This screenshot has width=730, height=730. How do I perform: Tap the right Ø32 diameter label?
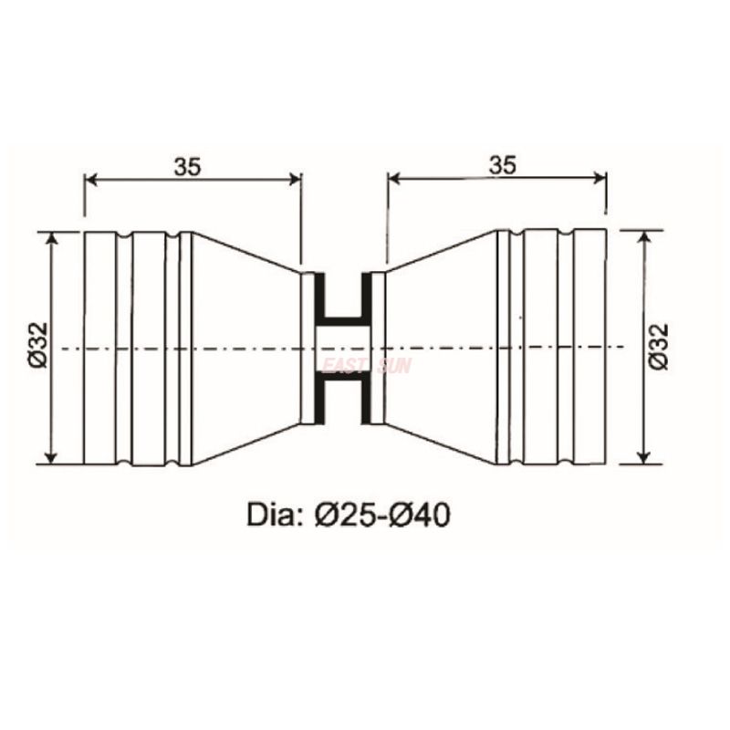(x=659, y=347)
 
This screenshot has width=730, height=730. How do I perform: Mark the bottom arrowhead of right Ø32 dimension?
(x=644, y=455)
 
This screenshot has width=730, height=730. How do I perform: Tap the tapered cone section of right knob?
(x=443, y=347)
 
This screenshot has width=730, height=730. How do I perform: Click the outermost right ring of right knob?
(x=590, y=347)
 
